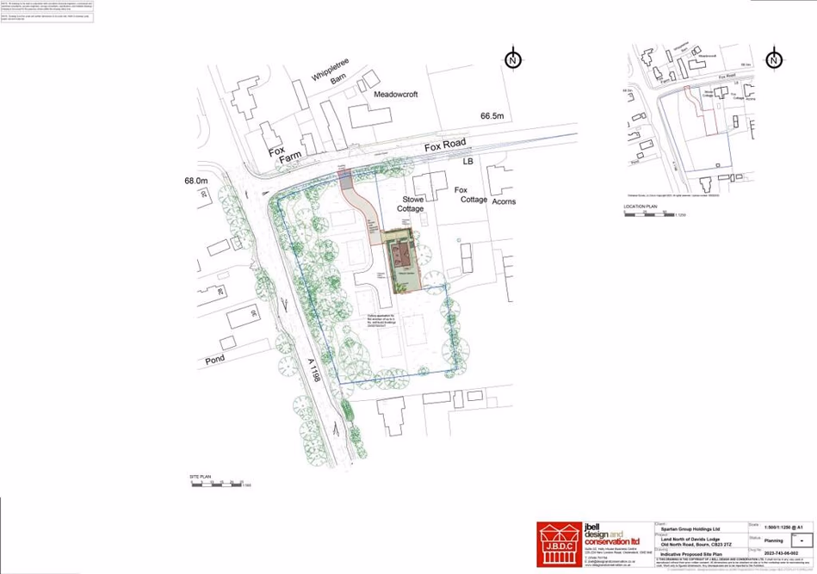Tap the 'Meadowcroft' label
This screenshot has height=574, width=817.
(395, 95)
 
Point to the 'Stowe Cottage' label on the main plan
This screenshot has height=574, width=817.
(410, 203)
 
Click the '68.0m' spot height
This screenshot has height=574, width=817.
(196, 181)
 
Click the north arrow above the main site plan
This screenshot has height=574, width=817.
(513, 59)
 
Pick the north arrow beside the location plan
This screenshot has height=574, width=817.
(774, 59)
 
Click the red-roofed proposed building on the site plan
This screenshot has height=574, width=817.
(401, 254)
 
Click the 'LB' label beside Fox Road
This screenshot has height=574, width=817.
(468, 161)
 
